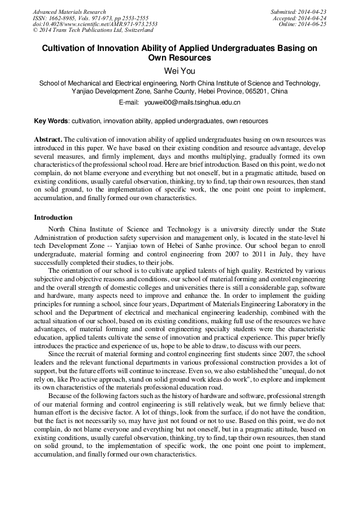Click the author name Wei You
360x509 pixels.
point(179,70)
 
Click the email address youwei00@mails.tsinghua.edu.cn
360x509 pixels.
point(193,102)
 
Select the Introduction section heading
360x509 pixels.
point(53,218)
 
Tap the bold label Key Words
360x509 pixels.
point(51,121)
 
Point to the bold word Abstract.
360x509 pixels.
point(48,139)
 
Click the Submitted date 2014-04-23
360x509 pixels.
point(313,12)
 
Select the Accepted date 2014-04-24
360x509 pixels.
point(313,18)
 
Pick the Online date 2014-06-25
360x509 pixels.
point(313,24)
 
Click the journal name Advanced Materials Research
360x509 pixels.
point(69,12)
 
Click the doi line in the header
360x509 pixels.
point(95,24)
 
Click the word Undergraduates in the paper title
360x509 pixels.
point(242,48)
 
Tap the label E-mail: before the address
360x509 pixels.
point(128,102)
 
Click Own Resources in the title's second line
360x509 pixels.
point(179,58)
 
